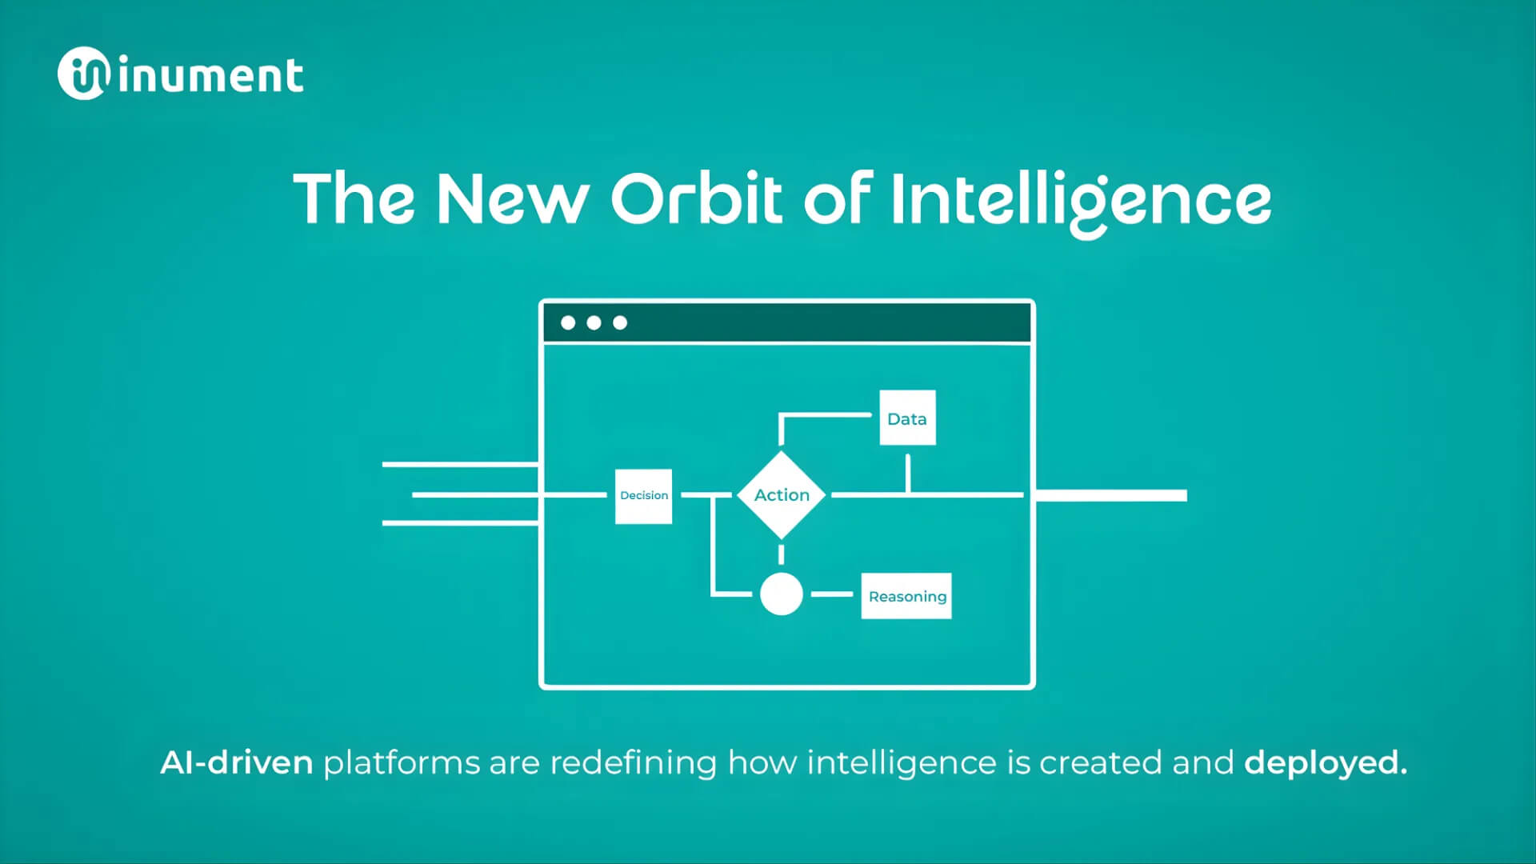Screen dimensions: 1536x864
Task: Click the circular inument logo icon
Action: pos(82,74)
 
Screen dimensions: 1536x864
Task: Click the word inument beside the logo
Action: pos(211,76)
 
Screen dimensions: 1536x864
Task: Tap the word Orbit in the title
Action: pos(696,198)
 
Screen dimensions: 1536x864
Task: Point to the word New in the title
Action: pos(512,198)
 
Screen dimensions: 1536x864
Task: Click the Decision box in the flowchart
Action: pos(643,496)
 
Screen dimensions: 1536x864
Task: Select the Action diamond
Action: pos(782,495)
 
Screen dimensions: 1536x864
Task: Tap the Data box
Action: pos(907,418)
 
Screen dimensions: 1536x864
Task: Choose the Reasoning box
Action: pos(906,596)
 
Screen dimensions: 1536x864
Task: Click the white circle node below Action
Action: pos(782,594)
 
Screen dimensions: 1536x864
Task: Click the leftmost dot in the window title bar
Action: pos(568,323)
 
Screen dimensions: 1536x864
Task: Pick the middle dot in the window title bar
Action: pos(594,323)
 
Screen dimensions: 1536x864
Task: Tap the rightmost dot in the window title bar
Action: pos(620,323)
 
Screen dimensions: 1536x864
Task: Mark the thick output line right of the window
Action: pos(1111,496)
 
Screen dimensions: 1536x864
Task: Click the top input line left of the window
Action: pos(461,464)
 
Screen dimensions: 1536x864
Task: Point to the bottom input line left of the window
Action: pos(461,523)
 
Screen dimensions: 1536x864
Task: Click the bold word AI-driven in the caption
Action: pos(237,762)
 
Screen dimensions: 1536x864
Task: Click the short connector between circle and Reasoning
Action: pos(832,594)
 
